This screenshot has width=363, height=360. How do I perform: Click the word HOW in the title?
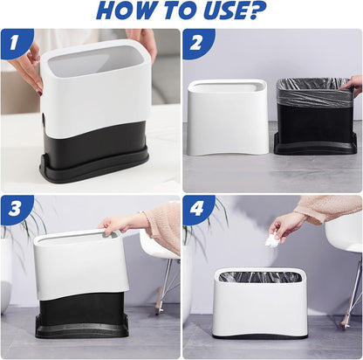click(125, 10)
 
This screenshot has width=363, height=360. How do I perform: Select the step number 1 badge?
click(15, 42)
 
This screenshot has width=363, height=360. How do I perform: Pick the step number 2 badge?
click(196, 43)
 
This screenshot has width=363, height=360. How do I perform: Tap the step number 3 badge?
click(15, 209)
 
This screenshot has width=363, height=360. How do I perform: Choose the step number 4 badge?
click(196, 209)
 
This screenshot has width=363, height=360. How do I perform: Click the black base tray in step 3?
click(82, 326)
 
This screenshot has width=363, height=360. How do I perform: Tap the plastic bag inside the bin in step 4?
click(260, 277)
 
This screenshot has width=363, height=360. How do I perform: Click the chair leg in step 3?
click(163, 286)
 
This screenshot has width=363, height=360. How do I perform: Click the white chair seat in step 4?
click(345, 233)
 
